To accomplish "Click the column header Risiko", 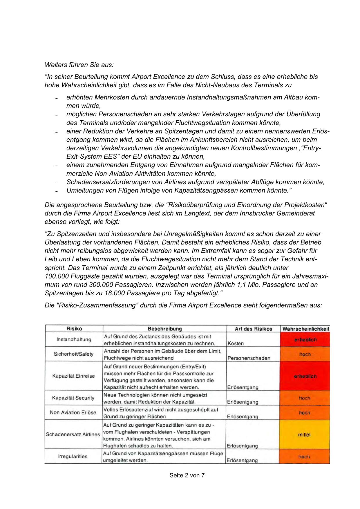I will tap(74, 329).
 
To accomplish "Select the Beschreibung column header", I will tap(164, 329).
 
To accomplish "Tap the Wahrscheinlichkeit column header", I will tap(305, 329).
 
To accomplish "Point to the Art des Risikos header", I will tap(253, 329).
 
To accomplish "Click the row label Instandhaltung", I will tap(74, 339).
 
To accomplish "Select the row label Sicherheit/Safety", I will tap(74, 354).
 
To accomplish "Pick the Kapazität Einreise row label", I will tap(73, 376).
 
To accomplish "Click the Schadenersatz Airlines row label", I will tap(73, 434).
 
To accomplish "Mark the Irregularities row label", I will tap(73, 456).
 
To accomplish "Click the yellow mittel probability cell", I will tap(304, 434).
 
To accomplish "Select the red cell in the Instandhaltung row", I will tap(305, 339).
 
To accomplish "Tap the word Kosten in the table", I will tap(236, 343).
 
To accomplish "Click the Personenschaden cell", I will tap(249, 358).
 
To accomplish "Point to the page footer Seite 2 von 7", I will tap(187, 475).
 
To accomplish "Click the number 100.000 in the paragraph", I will tap(57, 276).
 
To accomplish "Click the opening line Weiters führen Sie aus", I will tap(79, 65).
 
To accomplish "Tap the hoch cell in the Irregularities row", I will tap(304, 457).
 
